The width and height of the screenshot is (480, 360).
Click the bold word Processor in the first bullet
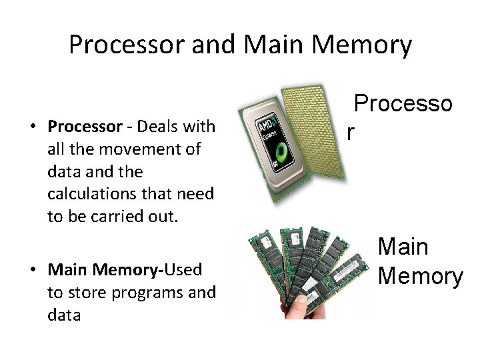[84, 127]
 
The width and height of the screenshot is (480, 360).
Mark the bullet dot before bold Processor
[32, 127]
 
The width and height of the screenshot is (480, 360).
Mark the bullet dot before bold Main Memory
[32, 271]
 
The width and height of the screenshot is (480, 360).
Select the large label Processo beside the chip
[403, 104]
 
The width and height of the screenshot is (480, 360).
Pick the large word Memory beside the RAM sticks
[420, 275]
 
